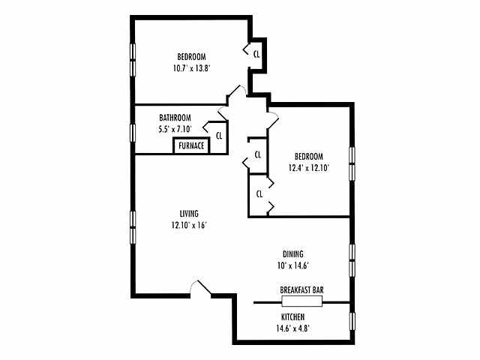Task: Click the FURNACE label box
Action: pos(190,145)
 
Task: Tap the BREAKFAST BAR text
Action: pos(301,289)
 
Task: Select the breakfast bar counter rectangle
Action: pos(301,301)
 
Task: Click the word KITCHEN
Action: pos(292,317)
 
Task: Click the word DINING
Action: pos(293,254)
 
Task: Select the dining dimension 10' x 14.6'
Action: pos(293,265)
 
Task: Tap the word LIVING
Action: pos(188,214)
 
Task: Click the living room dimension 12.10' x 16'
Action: pos(188,224)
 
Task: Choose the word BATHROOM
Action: pos(175,118)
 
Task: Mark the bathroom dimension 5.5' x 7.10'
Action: pos(175,128)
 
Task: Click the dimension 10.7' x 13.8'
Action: pos(191,67)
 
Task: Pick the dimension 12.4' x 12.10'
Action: pos(309,167)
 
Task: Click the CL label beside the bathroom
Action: pos(219,136)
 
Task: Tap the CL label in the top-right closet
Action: pos(256,53)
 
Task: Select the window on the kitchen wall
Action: pos(351,322)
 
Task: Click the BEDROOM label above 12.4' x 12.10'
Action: pos(309,157)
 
